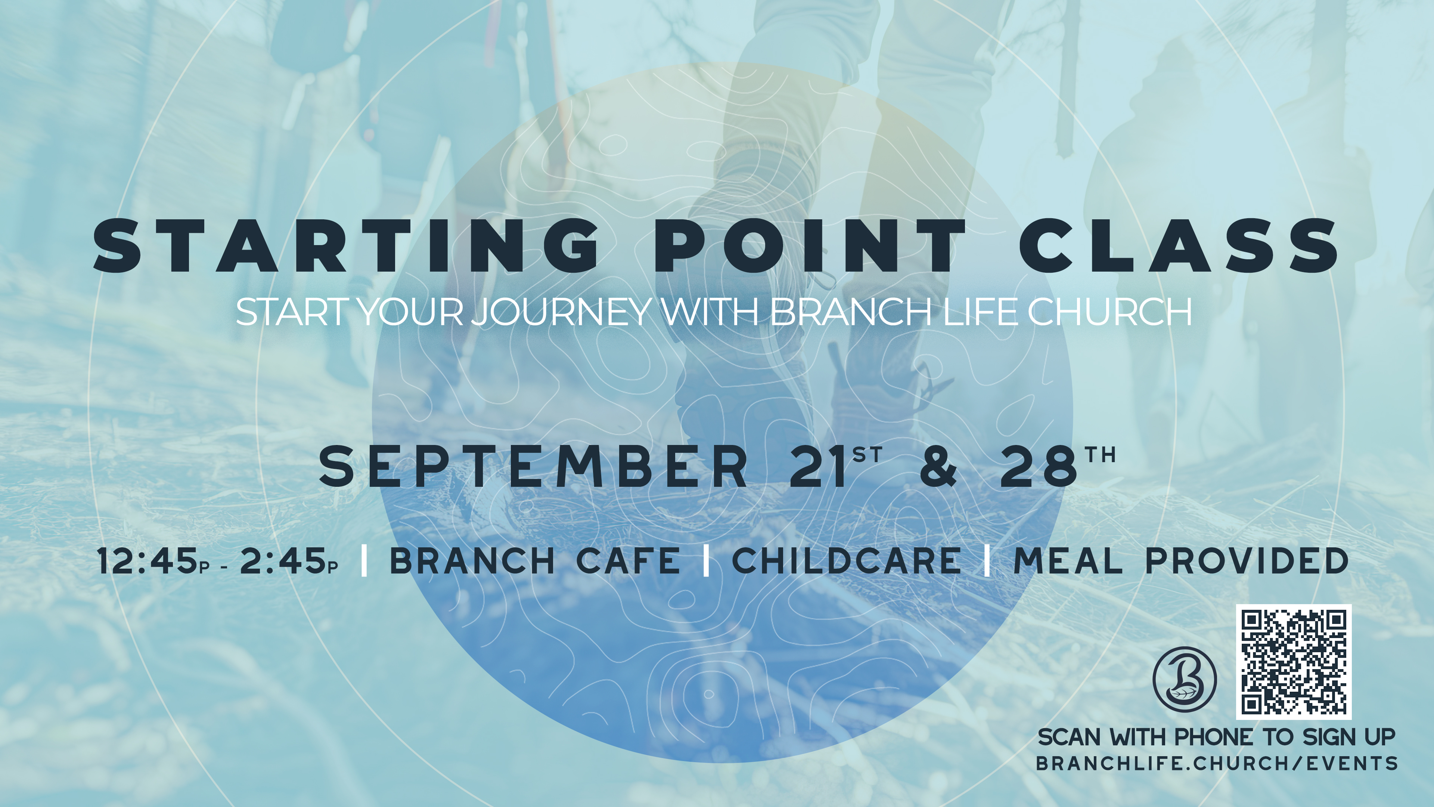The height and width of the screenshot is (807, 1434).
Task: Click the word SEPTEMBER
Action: pos(533,466)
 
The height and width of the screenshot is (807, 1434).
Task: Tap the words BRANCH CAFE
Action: pos(534,560)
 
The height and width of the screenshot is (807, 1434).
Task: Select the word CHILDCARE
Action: pos(847,560)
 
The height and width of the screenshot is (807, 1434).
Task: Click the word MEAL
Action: pos(1068,560)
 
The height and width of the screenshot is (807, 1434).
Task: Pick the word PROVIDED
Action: pos(1247,560)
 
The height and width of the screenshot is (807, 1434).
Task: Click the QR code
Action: pos(1294,662)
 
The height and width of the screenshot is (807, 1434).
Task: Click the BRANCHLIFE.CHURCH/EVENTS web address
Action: pos(1217,763)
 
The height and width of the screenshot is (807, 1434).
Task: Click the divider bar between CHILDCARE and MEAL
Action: pos(987,560)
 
